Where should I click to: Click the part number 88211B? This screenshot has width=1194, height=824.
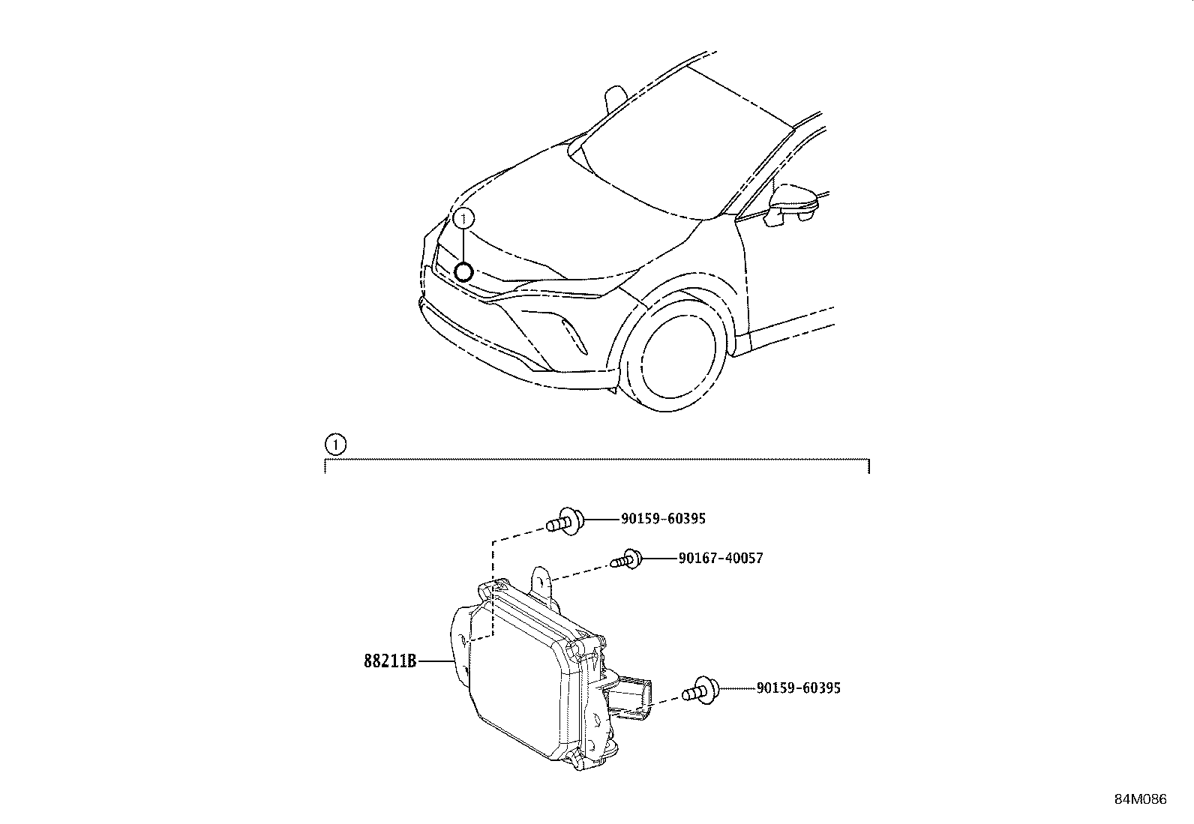click(x=390, y=661)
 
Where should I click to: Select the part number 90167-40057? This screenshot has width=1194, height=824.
click(x=720, y=559)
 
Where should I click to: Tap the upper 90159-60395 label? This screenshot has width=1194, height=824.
click(x=663, y=519)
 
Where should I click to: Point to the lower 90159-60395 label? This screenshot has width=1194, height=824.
click(x=798, y=688)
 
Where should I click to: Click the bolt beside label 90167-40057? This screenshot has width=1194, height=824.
click(x=626, y=559)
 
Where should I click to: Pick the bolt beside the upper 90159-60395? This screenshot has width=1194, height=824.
click(x=565, y=520)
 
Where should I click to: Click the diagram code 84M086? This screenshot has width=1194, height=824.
click(x=1140, y=799)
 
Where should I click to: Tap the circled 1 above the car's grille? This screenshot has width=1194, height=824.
click(x=465, y=218)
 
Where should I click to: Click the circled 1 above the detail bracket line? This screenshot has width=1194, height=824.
click(x=334, y=445)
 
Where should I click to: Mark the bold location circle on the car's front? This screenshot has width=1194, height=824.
click(x=464, y=271)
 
